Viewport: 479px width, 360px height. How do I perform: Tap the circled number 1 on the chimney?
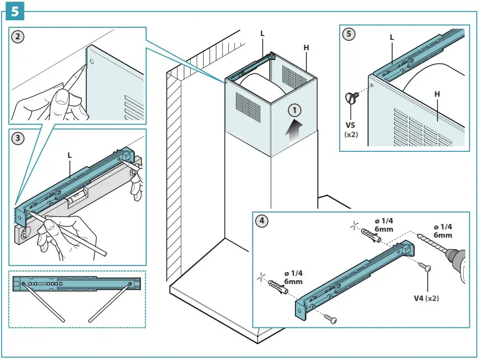pyautogui.click(x=294, y=110)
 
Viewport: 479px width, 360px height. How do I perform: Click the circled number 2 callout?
pyautogui.click(x=19, y=37)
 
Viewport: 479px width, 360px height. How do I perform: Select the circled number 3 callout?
pyautogui.click(x=19, y=138)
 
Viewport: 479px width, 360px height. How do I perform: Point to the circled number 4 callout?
pyautogui.click(x=263, y=221)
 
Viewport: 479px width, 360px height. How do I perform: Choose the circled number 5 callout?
pyautogui.click(x=348, y=34)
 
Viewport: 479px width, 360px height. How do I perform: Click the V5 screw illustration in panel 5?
pyautogui.click(x=351, y=98)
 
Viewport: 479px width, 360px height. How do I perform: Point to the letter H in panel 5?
pyautogui.click(x=437, y=95)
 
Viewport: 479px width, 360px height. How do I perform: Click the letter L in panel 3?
pyautogui.click(x=69, y=155)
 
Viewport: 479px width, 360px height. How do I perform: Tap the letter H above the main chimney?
pyautogui.click(x=306, y=48)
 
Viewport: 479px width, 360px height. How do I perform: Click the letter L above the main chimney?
pyautogui.click(x=262, y=34)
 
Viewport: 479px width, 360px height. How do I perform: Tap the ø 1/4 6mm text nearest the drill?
pyautogui.click(x=442, y=231)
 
